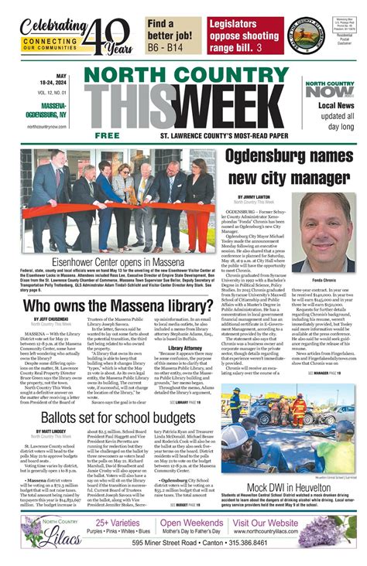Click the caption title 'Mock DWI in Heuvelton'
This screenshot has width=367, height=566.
290,488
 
